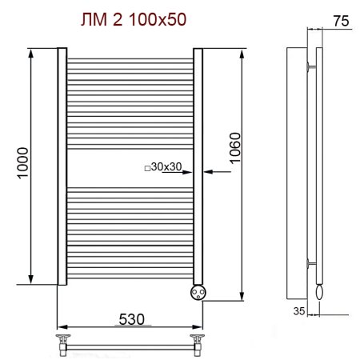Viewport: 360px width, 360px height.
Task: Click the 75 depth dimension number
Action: [339, 22]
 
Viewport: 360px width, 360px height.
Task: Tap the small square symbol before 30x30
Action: [146, 168]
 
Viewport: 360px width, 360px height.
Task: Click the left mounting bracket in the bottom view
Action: [62, 345]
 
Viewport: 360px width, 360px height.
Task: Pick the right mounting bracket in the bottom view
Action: [195, 345]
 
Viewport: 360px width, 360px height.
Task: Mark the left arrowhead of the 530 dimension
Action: [61, 327]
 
